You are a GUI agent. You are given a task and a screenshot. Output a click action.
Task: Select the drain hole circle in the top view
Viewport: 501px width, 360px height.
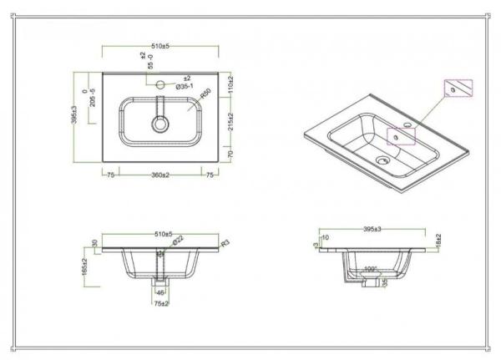pyautogui.click(x=159, y=124)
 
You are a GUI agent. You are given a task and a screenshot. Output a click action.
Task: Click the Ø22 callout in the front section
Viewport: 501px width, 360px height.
pyautogui.click(x=179, y=242)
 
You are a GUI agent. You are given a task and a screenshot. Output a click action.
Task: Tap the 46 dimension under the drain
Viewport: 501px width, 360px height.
pyautogui.click(x=161, y=293)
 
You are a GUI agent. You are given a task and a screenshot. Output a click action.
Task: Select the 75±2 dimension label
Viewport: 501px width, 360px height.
pyautogui.click(x=161, y=303)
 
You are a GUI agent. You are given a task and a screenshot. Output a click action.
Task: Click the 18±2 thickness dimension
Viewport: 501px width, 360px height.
pyautogui.click(x=438, y=241)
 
